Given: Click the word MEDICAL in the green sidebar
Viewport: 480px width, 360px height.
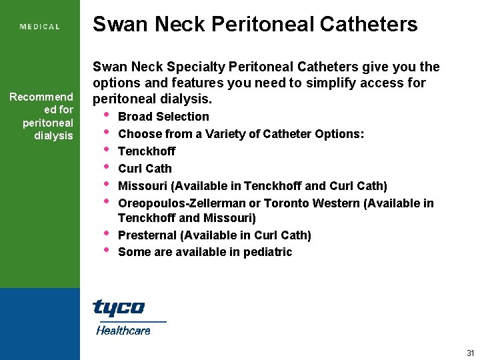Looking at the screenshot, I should click(x=40, y=27).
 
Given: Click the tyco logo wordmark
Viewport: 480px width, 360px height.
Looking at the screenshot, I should click(x=119, y=307).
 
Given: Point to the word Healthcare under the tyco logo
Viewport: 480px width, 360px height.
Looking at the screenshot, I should click(x=123, y=330).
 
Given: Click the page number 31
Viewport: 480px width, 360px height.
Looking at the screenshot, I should click(x=470, y=353).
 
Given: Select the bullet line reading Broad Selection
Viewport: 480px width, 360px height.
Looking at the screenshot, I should click(x=163, y=117).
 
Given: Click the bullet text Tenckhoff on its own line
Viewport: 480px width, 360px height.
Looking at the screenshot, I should click(x=147, y=151).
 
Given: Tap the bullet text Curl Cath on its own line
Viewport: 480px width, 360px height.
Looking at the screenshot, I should click(x=145, y=169).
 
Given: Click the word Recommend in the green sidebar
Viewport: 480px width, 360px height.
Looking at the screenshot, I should click(x=41, y=98).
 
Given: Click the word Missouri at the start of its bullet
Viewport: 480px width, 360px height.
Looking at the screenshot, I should click(x=141, y=186).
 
